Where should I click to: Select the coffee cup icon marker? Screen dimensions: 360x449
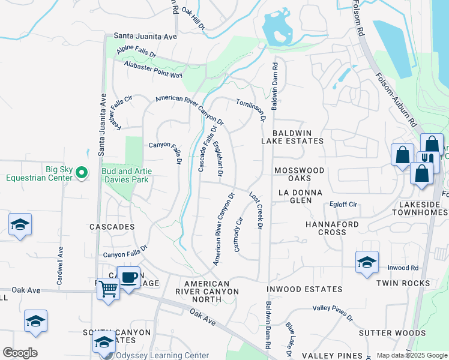128,277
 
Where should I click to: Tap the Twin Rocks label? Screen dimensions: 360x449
403,283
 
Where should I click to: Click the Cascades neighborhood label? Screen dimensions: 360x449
112,227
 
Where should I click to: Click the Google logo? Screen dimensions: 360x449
20,353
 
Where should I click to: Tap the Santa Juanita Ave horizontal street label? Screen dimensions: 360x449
145,37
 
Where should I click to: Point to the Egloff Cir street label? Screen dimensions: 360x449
344,205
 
